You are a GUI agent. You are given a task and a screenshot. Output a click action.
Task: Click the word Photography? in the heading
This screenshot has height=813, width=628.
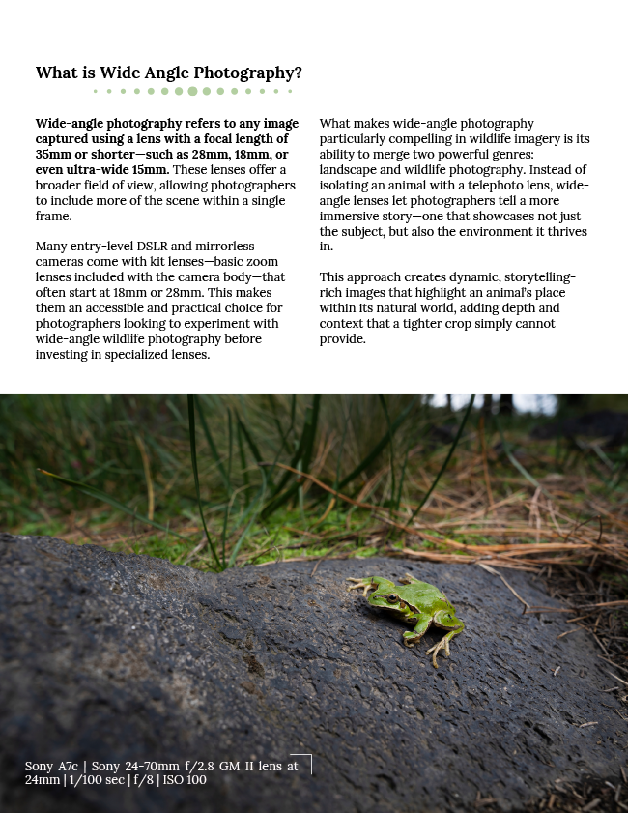point(253,73)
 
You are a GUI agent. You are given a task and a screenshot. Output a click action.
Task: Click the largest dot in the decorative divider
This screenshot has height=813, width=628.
point(192,91)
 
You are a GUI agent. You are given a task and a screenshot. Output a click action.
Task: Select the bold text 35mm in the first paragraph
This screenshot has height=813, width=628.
point(53,154)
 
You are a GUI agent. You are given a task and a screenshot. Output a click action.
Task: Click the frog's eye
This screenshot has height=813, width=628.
point(392,600)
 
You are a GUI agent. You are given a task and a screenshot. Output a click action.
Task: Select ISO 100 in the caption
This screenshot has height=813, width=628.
point(185,780)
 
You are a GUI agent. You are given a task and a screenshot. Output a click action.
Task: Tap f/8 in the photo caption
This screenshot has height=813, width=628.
point(141,780)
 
